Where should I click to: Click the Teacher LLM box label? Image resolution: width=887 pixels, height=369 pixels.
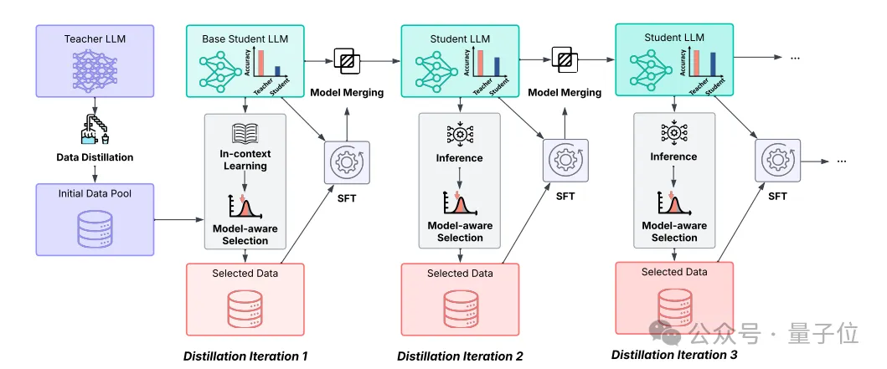tap(95, 38)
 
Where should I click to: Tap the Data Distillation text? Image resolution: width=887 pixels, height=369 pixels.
tap(95, 157)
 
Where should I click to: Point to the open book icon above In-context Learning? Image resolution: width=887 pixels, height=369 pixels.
tap(245, 132)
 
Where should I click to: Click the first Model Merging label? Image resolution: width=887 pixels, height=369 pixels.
tap(347, 92)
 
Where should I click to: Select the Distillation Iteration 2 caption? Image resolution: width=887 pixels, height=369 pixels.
tap(460, 356)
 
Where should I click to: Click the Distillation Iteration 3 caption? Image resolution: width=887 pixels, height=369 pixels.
tap(674, 355)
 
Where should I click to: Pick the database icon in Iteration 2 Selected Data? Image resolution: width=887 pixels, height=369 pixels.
tap(460, 308)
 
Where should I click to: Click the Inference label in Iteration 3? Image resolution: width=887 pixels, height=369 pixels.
tap(674, 156)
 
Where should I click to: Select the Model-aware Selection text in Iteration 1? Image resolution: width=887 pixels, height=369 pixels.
tap(245, 233)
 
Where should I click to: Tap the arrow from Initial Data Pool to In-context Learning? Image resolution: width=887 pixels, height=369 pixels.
tap(179, 222)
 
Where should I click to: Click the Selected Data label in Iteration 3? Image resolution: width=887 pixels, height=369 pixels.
tap(674, 272)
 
